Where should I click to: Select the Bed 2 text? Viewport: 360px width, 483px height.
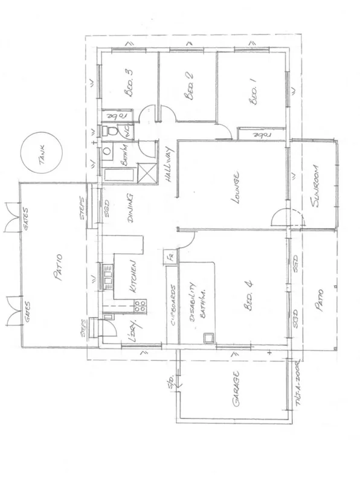click(x=189, y=90)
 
